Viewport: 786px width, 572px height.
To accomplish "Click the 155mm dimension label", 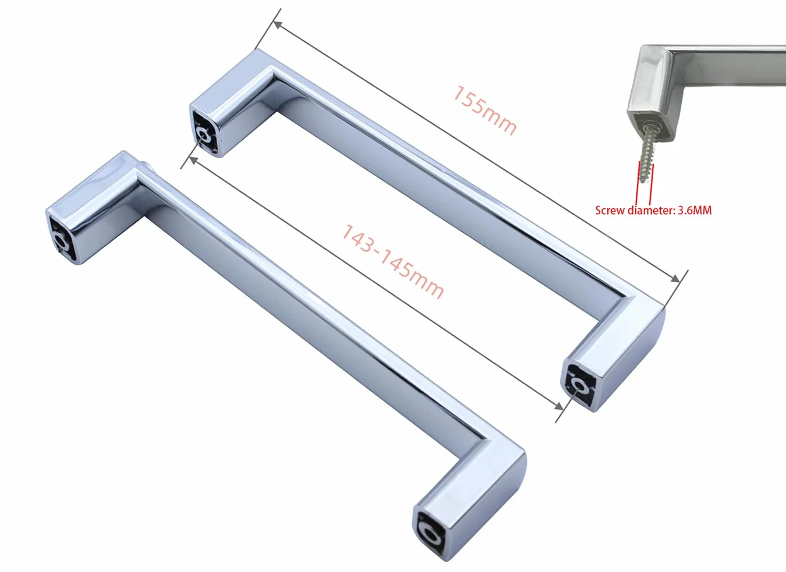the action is point(484,110).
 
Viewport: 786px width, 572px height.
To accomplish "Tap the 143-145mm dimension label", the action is point(392,261).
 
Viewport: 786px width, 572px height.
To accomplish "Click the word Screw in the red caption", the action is point(610,211).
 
